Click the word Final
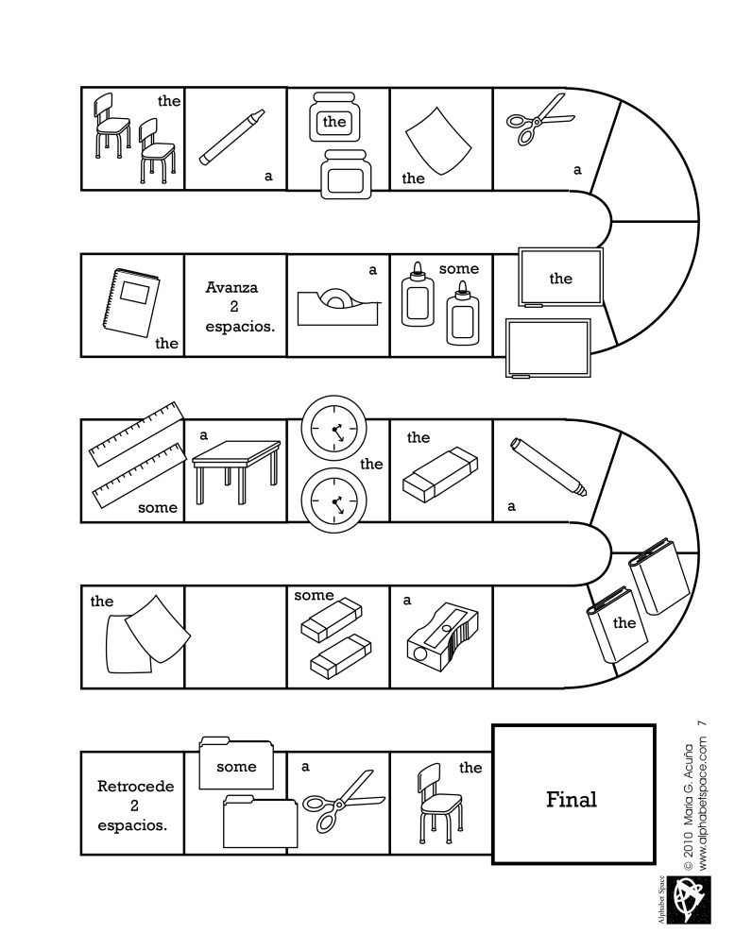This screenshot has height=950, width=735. coord(572,799)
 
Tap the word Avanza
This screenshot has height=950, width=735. coord(232,286)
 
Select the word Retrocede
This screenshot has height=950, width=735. coord(131,785)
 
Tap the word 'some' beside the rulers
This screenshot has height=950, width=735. coord(157,507)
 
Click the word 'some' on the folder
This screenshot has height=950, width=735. coord(236,767)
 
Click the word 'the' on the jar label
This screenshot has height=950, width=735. coord(334,122)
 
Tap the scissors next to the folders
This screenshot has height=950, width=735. coord(346,800)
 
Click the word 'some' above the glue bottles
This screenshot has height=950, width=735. coord(459,269)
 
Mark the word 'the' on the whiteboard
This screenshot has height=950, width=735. coord(560,279)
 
